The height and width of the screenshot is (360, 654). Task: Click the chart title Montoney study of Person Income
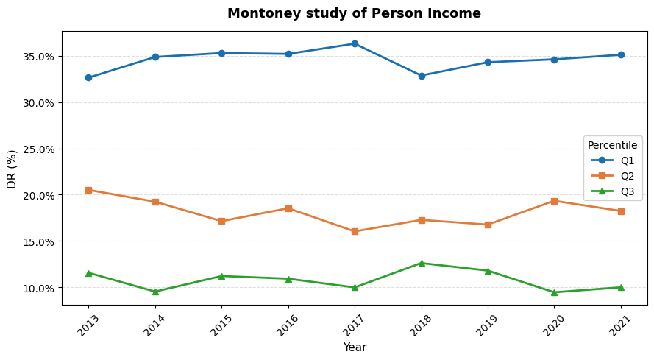pyautogui.click(x=354, y=13)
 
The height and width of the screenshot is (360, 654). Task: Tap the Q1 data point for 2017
pyautogui.click(x=355, y=43)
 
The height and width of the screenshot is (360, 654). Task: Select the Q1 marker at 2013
pyautogui.click(x=88, y=77)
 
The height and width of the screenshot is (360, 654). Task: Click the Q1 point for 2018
pyautogui.click(x=422, y=76)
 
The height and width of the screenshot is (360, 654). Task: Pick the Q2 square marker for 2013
pyautogui.click(x=88, y=190)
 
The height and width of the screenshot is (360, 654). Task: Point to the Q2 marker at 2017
pyautogui.click(x=355, y=231)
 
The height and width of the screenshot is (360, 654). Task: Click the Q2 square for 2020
pyautogui.click(x=554, y=201)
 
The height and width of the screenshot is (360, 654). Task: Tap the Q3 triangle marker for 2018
pyautogui.click(x=422, y=263)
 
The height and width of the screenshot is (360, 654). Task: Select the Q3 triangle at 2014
pyautogui.click(x=155, y=292)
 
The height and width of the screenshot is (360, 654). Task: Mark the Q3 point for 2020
pyautogui.click(x=554, y=292)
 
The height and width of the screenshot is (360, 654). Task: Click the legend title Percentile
pyautogui.click(x=612, y=145)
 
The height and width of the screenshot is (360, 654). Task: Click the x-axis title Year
pyautogui.click(x=354, y=347)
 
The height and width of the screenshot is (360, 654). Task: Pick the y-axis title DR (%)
pyautogui.click(x=12, y=169)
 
